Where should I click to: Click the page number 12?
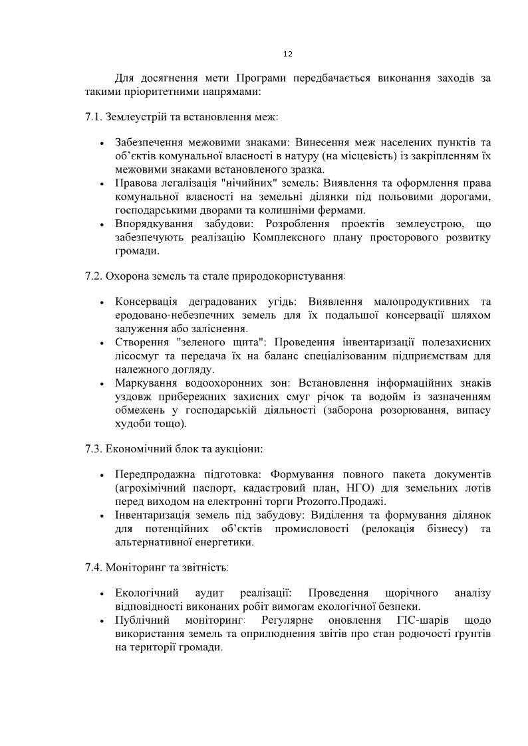coord(288,54)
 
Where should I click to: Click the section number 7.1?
coord(93,117)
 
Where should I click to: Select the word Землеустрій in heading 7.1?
coord(134,117)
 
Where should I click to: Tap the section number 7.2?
coord(93,275)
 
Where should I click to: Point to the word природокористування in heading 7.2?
coord(293,275)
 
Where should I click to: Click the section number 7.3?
coord(93,448)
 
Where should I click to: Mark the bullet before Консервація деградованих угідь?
coord(101,303)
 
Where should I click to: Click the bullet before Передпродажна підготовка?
coord(101,476)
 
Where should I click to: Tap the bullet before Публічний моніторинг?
coord(101,621)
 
